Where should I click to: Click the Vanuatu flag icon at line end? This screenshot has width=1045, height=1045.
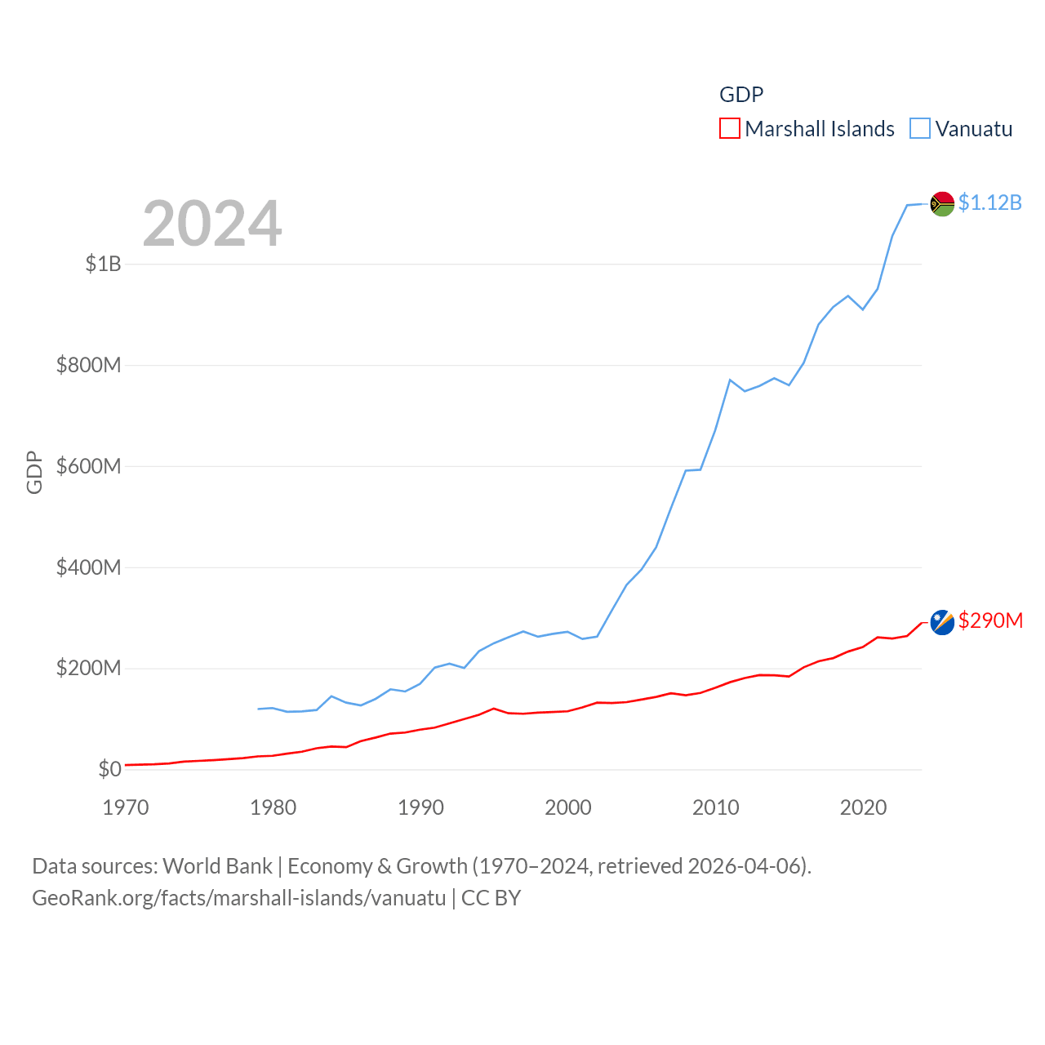[942, 203]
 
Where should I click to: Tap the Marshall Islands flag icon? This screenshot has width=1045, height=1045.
[942, 622]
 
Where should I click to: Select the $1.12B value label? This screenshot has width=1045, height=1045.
[989, 202]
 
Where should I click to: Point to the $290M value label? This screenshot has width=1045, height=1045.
[990, 620]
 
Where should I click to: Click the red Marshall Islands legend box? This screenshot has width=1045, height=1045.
[729, 129]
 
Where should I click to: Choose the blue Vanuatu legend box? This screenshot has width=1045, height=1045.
[920, 129]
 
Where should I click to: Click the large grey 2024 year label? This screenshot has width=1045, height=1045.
[212, 224]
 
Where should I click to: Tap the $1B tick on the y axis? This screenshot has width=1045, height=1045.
[104, 264]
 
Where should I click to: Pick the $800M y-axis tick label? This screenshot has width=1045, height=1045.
[88, 365]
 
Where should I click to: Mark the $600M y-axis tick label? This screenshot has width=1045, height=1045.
[88, 466]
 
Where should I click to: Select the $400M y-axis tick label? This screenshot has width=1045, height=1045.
[88, 567]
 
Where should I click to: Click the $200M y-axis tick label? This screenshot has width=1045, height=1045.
[88, 669]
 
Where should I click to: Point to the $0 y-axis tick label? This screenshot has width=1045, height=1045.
[109, 769]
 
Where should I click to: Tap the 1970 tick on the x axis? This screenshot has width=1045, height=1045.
[126, 807]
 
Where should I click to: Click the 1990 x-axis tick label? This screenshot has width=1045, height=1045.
[420, 807]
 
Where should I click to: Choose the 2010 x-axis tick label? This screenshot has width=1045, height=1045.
[716, 807]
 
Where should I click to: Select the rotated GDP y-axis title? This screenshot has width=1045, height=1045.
[34, 472]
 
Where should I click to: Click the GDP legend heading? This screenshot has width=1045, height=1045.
[741, 95]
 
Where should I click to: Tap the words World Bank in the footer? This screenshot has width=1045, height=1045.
[217, 866]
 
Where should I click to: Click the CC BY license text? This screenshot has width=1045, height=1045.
[491, 898]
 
